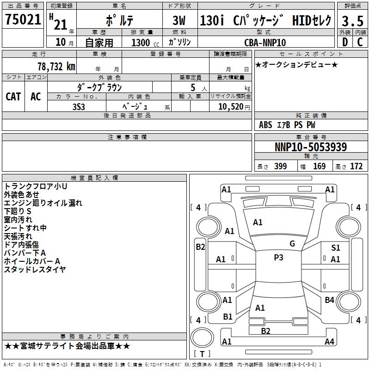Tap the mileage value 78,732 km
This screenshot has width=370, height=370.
(55, 66)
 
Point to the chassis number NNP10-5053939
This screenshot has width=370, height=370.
(310, 147)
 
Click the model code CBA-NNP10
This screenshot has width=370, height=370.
(265, 42)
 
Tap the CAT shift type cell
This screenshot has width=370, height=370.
(13, 96)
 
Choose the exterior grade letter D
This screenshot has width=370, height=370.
(344, 42)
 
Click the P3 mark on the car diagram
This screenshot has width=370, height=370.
(278, 258)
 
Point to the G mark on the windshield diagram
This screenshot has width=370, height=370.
(292, 244)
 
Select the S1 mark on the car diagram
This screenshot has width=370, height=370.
(335, 248)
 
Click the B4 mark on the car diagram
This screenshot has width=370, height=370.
(329, 300)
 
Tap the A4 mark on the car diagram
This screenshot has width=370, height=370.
(329, 342)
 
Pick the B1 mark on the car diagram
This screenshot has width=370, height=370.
(228, 317)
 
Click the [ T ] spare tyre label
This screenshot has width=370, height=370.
(202, 354)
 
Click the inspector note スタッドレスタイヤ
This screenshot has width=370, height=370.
(35, 270)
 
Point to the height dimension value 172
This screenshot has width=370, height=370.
(356, 166)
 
